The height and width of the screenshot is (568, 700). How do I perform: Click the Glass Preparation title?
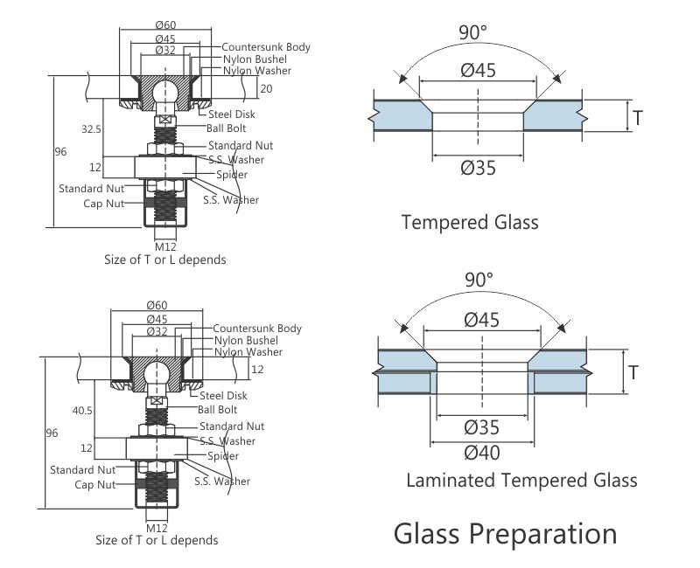tap(505, 532)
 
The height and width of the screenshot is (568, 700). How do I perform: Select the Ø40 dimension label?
tap(481, 453)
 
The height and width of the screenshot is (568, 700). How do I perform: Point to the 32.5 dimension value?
tap(91, 128)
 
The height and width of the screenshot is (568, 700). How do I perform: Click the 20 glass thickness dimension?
tap(265, 88)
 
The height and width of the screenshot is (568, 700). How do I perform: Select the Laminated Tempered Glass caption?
tap(521, 480)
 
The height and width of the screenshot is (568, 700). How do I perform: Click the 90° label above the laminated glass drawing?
tap(479, 280)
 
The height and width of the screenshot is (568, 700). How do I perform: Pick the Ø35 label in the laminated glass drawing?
tap(481, 427)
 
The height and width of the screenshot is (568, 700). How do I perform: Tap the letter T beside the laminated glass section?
tap(633, 373)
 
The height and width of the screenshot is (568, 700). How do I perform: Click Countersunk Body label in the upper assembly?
tap(266, 46)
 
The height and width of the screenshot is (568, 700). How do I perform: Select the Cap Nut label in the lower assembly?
tap(94, 484)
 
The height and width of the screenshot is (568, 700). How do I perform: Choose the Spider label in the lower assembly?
tap(223, 456)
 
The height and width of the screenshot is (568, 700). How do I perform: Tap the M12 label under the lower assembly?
tap(157, 528)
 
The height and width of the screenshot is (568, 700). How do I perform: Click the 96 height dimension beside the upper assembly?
tap(60, 151)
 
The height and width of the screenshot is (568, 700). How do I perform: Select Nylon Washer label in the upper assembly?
tap(257, 71)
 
